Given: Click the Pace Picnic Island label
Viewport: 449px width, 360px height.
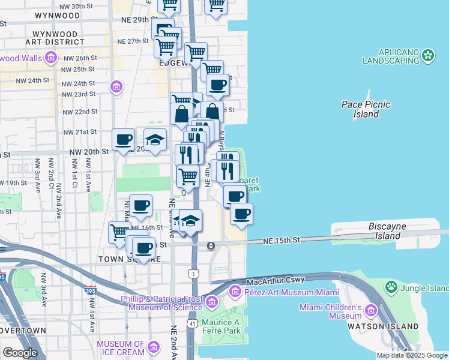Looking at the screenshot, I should tap(366, 109).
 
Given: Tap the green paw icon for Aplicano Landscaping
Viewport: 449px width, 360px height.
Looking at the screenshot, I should tap(428, 56).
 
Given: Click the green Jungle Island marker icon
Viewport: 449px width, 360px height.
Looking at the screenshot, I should tap(391, 286).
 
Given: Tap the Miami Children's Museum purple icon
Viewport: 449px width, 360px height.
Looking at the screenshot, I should tap(370, 310).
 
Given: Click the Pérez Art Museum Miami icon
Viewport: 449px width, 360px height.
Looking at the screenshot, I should tap(235, 292).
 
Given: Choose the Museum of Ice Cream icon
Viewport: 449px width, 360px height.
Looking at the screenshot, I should tap(154, 347).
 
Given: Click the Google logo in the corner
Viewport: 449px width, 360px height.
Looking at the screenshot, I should tap(19, 353).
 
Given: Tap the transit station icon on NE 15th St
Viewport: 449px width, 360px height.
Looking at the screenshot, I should tap(211, 246).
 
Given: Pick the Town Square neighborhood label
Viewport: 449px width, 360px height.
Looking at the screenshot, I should tap(131, 259).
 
